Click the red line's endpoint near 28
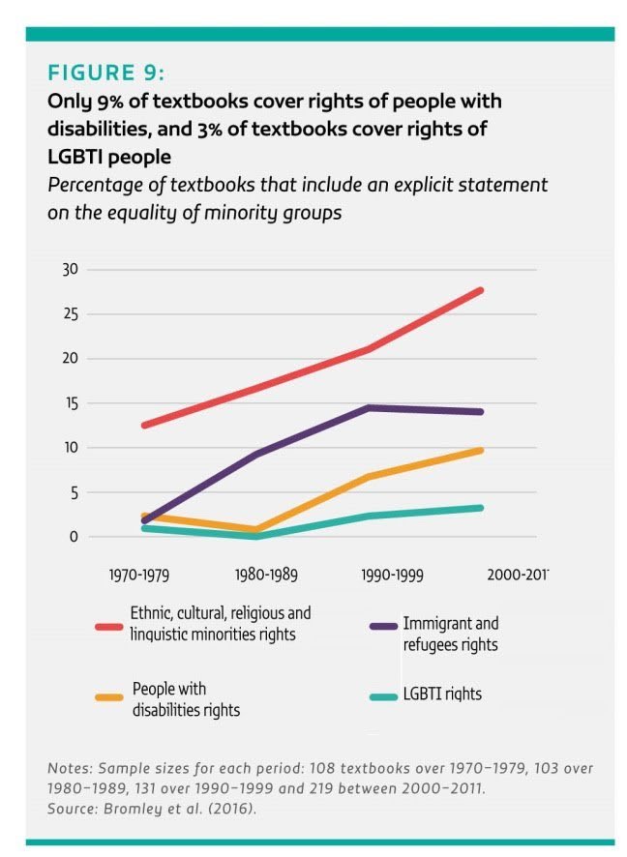pos(481,290)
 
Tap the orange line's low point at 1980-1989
pos(255,530)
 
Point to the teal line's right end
pos(481,508)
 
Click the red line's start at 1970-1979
pos(144,426)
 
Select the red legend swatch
pos(108,626)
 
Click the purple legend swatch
pos(383,627)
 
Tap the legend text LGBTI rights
pos(441,694)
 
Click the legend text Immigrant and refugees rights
pos(450,635)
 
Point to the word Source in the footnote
pos(72,807)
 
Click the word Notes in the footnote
pos(68,767)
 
